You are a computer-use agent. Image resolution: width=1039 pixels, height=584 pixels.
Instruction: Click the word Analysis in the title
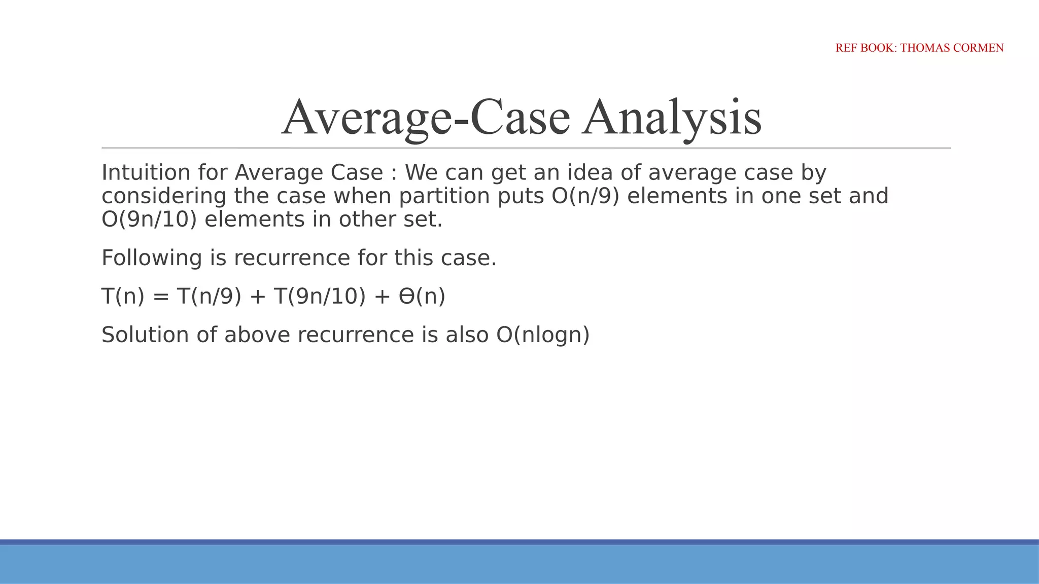click(x=672, y=118)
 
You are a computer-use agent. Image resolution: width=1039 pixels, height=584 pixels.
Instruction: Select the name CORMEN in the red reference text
click(x=980, y=48)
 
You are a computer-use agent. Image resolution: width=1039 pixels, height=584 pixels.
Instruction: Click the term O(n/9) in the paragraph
click(x=585, y=196)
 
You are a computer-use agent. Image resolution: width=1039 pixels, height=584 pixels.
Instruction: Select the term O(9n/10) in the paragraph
click(x=149, y=220)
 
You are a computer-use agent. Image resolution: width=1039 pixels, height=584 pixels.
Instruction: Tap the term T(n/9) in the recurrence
click(x=209, y=296)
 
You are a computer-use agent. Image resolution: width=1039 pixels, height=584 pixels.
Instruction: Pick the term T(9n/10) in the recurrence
click(x=320, y=296)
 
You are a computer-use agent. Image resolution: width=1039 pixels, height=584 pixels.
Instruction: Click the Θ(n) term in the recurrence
click(x=422, y=296)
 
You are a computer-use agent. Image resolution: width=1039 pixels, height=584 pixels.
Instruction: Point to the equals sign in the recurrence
click(x=160, y=297)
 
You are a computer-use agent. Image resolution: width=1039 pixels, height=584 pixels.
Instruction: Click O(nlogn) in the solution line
click(x=543, y=335)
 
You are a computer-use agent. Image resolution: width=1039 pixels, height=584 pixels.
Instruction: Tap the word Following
click(x=152, y=258)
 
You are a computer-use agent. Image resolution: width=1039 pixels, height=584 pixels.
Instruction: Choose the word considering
click(x=164, y=196)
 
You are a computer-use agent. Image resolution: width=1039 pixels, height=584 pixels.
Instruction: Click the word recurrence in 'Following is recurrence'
click(x=292, y=258)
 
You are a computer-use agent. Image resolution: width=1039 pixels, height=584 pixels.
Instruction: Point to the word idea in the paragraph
click(x=590, y=173)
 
